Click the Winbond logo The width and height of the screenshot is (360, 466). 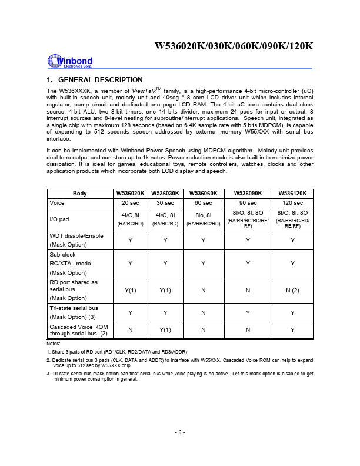click(67, 62)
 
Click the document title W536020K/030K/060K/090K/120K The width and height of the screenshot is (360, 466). click(234, 48)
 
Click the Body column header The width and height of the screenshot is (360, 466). click(79, 194)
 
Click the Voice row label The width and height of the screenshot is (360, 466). click(57, 202)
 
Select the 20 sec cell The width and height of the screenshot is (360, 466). click(130, 202)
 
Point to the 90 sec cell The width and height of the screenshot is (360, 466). click(248, 202)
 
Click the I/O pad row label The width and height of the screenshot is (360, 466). click(60, 219)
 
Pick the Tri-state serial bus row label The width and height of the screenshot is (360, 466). click(74, 308)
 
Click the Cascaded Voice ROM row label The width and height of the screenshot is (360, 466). click(79, 326)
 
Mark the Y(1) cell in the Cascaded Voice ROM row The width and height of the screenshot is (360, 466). click(165, 330)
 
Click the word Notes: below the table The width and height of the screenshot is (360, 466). click(53, 344)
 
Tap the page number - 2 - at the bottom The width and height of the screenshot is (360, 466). click(180, 432)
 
